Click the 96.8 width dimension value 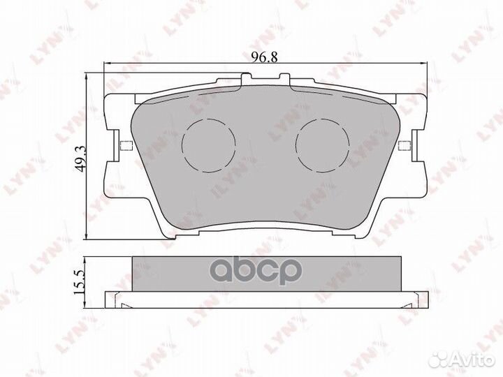click(264, 57)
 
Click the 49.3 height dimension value click(80, 158)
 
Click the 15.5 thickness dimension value click(79, 282)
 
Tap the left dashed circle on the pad click(208, 145)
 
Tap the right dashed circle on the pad click(322, 145)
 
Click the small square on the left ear click(126, 145)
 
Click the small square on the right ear click(404, 145)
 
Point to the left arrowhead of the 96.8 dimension click(106, 64)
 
